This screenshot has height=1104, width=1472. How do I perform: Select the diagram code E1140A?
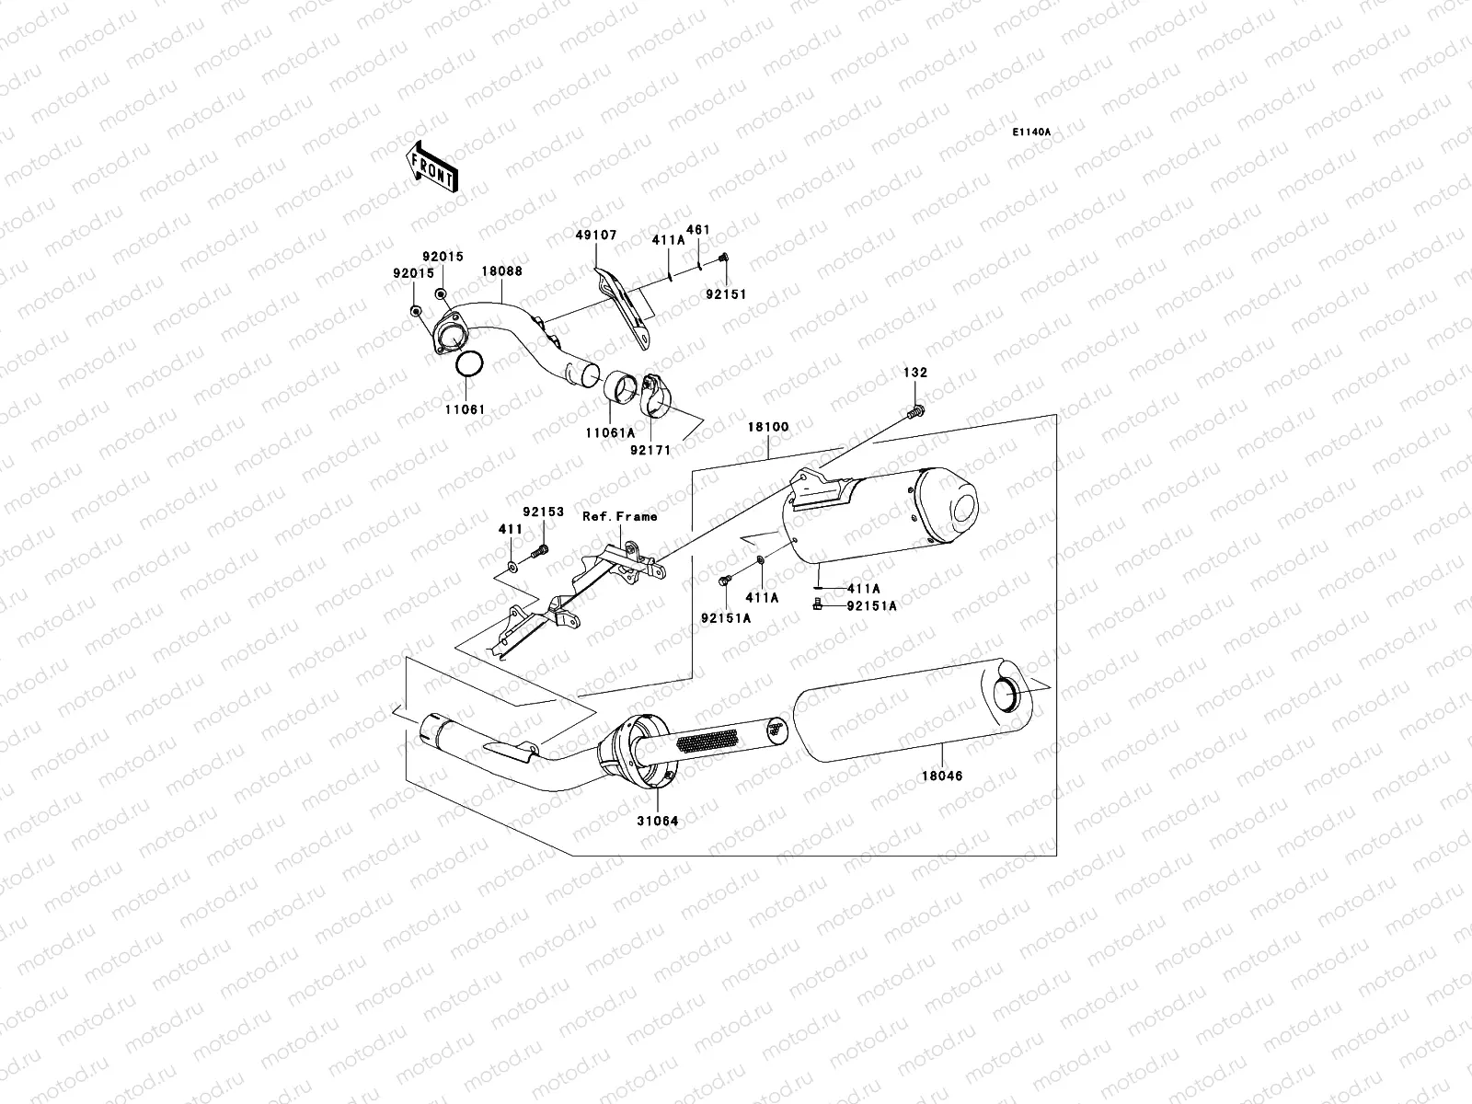1031,132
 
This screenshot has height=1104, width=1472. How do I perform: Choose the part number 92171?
652,450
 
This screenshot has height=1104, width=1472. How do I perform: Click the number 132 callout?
915,374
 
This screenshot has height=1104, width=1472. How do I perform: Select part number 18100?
767,428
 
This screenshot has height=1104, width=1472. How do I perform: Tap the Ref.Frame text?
619,516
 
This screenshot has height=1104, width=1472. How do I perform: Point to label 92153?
543,512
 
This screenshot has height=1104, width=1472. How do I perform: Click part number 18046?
943,776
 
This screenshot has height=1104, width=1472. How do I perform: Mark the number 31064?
658,820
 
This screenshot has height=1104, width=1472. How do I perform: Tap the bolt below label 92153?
540,552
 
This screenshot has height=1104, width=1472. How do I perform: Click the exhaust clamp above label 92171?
656,393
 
